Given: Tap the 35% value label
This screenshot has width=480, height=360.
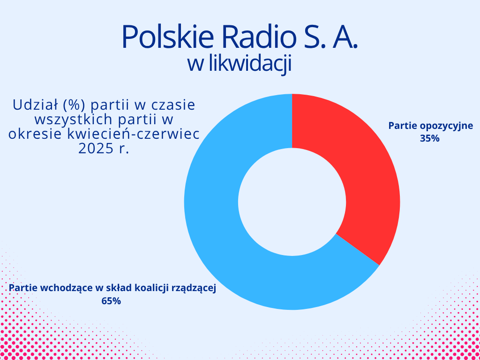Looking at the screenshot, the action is (429, 139).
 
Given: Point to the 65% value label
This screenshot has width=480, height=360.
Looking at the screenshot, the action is (111, 301).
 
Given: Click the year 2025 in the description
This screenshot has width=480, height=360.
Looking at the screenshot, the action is (94, 149).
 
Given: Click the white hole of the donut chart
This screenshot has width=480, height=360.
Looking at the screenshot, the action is (292, 202).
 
